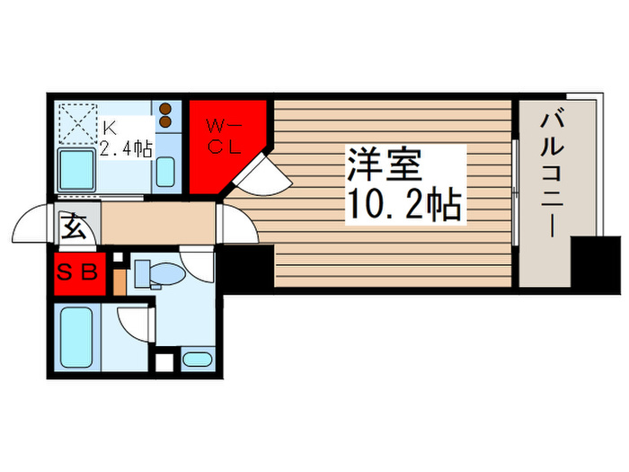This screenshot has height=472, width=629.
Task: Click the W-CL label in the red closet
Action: point(225,136)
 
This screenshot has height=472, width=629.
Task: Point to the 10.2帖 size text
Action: point(403,206)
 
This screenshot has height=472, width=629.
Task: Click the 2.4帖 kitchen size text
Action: point(125,149)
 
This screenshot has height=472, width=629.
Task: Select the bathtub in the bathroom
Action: point(77,336)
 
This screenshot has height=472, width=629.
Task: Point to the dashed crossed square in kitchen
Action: point(78,122)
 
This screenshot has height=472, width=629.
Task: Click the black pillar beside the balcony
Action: point(596,264)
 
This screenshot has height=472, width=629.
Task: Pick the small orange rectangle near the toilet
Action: point(120,280)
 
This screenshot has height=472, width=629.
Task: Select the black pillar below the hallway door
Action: point(246,267)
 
